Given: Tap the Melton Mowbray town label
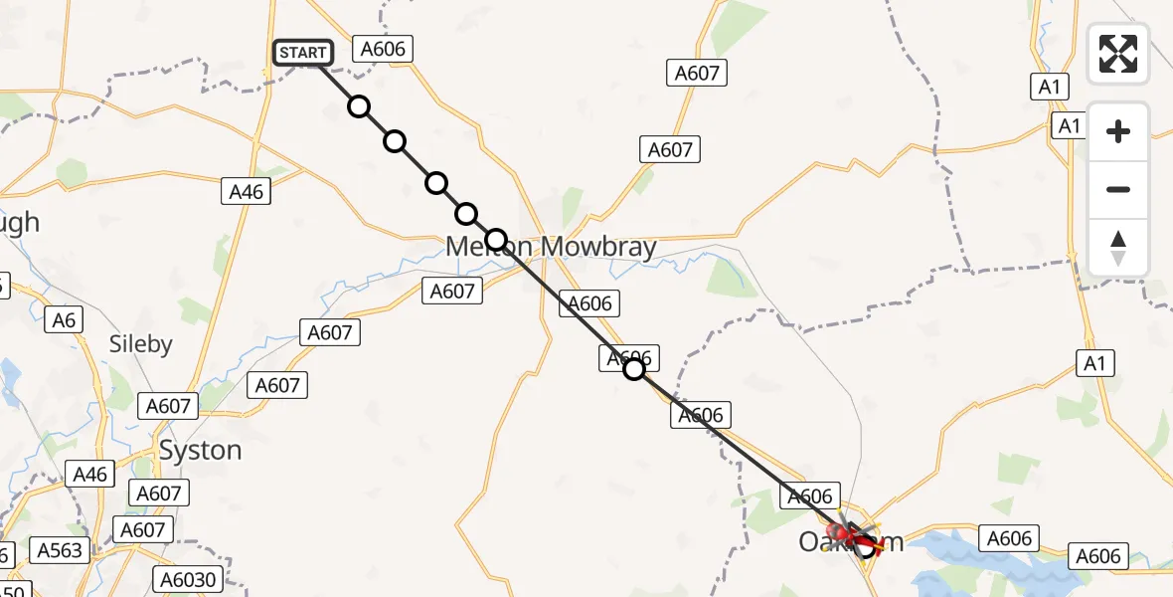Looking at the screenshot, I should [551, 246].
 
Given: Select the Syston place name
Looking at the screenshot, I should [200, 450].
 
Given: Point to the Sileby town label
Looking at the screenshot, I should [140, 344].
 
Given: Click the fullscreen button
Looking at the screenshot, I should [1118, 54].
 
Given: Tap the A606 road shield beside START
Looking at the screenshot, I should [385, 50].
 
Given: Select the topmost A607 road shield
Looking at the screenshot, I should [697, 73].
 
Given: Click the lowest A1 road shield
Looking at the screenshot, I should [1094, 363].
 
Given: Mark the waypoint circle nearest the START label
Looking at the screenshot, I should [359, 106].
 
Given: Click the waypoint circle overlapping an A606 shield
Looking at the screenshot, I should [633, 369].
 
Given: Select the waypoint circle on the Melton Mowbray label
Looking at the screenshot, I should [496, 240].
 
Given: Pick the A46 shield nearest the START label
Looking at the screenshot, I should [246, 191].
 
